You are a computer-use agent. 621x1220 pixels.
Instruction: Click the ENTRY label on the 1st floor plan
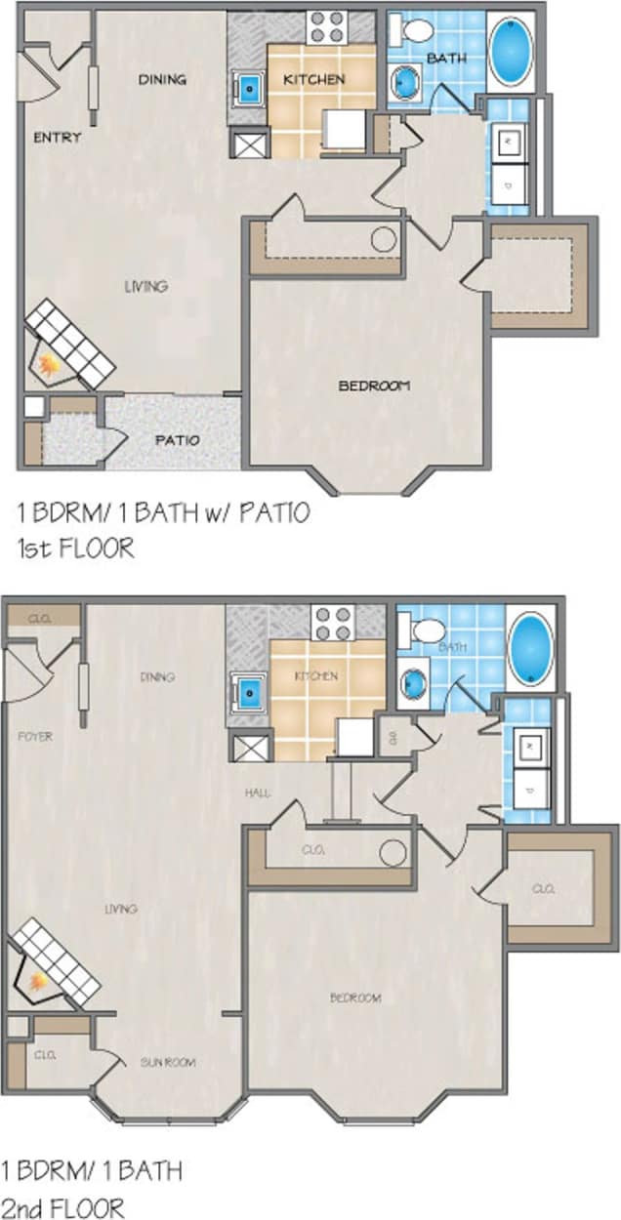pyautogui.click(x=58, y=138)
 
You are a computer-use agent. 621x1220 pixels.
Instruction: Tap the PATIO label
pyautogui.click(x=177, y=440)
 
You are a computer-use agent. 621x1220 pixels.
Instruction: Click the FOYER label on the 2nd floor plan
pyautogui.click(x=35, y=737)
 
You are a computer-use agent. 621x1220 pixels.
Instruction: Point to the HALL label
pyautogui.click(x=257, y=793)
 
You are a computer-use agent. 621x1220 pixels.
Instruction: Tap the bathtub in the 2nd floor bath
pyautogui.click(x=530, y=649)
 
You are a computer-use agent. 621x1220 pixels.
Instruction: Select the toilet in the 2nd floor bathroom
pyautogui.click(x=427, y=630)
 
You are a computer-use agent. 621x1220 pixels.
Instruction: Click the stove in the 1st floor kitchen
pyautogui.click(x=326, y=27)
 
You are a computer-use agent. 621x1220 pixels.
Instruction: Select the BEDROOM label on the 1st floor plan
pyautogui.click(x=374, y=386)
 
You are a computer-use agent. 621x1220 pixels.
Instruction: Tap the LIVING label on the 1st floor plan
pyautogui.click(x=145, y=286)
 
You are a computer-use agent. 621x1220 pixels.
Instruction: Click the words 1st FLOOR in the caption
pyautogui.click(x=75, y=549)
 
